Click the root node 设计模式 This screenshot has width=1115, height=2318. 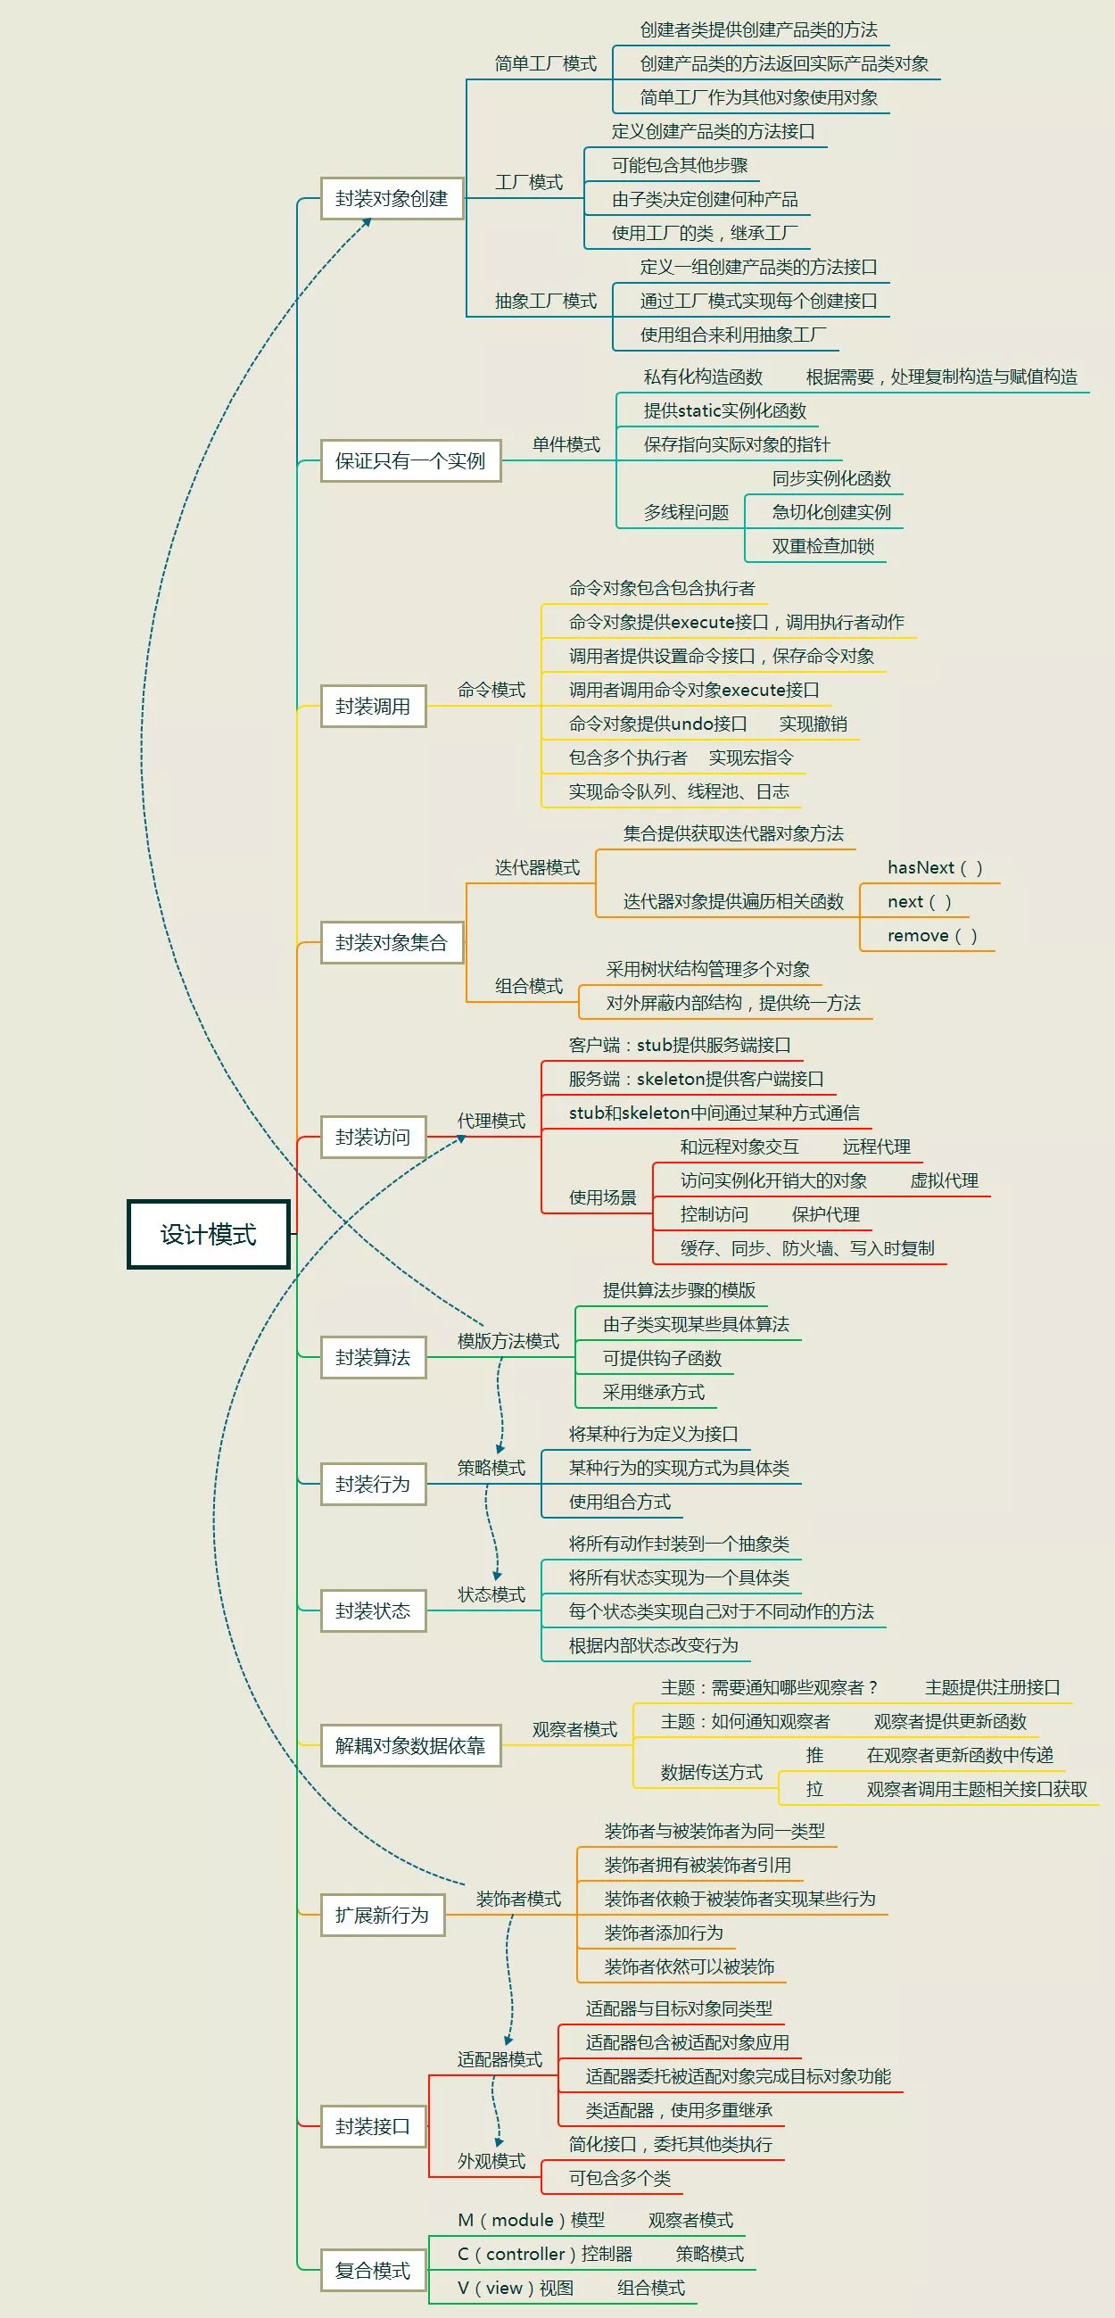(x=208, y=1234)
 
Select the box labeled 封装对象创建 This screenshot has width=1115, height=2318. (x=392, y=198)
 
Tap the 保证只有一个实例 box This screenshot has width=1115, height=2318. (x=410, y=460)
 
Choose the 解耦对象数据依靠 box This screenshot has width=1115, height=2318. (x=410, y=1746)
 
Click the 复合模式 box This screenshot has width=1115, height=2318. (x=373, y=2271)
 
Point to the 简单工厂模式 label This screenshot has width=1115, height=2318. (x=545, y=64)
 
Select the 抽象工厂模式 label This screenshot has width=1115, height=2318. (x=545, y=301)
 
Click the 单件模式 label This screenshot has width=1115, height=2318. (x=566, y=444)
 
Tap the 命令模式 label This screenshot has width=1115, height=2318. (x=491, y=691)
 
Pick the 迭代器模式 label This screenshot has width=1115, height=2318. (x=537, y=867)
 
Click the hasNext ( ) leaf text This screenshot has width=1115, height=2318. (x=935, y=867)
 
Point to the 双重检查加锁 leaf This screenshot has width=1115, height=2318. (x=822, y=546)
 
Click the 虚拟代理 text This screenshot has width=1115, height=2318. (x=944, y=1180)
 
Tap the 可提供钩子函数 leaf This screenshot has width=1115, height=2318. (x=663, y=1358)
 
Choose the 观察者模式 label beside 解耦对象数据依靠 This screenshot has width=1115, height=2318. (x=574, y=1729)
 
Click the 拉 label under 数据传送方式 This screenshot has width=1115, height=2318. (x=814, y=1789)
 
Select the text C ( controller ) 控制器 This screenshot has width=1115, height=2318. (x=545, y=2254)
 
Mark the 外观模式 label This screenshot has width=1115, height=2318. (x=491, y=2161)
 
